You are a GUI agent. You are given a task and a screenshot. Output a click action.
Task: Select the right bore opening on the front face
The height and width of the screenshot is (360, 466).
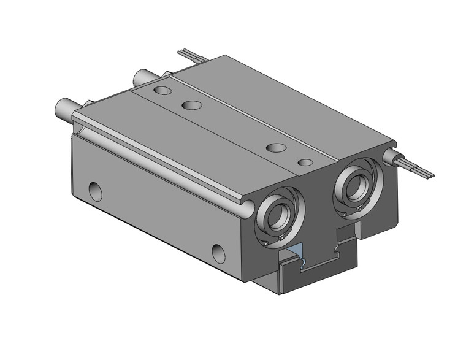(355, 188)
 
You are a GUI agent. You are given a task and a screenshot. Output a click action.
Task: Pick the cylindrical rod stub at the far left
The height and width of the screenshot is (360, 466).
(64, 109)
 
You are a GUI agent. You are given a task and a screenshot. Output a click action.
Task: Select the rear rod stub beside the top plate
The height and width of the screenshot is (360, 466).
(143, 77)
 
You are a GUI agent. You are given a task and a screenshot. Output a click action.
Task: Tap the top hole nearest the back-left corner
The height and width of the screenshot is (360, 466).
(163, 91)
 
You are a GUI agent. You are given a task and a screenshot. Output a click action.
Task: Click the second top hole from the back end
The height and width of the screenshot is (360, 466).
(192, 105)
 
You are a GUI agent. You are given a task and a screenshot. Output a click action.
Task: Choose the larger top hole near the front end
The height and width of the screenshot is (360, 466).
(277, 148)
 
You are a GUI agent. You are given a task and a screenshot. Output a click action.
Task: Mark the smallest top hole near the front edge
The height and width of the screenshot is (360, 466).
(305, 163)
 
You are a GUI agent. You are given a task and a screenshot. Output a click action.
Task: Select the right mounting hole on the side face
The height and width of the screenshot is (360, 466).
(219, 252)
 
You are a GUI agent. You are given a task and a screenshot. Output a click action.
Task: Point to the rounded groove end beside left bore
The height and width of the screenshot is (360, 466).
(246, 209)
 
